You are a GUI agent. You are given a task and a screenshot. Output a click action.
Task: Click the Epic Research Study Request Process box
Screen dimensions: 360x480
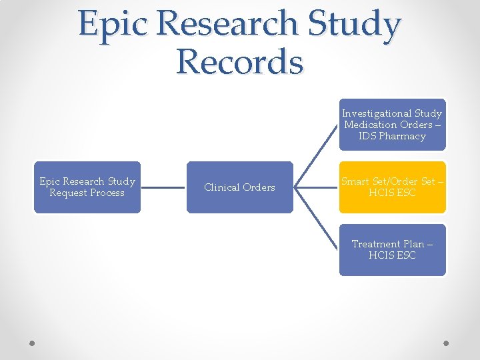pyautogui.click(x=87, y=187)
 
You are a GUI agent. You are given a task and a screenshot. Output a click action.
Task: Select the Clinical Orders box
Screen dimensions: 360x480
pyautogui.click(x=239, y=187)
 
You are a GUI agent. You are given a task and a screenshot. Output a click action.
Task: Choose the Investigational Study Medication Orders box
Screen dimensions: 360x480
pyautogui.click(x=392, y=125)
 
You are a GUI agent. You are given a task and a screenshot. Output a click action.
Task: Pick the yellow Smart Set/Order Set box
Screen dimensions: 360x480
pyautogui.click(x=392, y=187)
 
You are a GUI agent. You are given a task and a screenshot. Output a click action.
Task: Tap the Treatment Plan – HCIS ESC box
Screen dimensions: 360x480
pyautogui.click(x=392, y=250)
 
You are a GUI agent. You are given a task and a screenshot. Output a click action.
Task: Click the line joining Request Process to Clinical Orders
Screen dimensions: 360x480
pyautogui.click(x=163, y=187)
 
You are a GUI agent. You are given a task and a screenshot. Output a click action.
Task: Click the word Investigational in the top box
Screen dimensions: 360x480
pyautogui.click(x=377, y=113)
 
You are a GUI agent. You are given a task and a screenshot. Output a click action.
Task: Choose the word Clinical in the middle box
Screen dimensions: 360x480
pyautogui.click(x=222, y=187)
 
